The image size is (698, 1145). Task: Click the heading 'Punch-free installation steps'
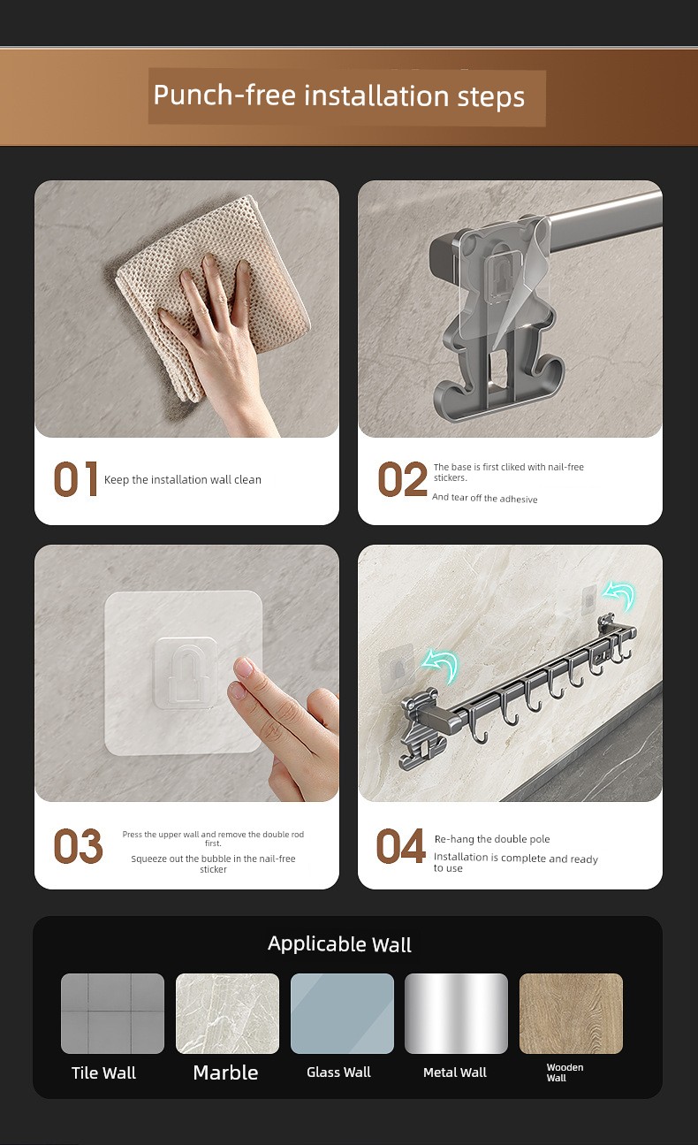click(x=338, y=95)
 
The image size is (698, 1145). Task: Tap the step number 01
click(x=76, y=479)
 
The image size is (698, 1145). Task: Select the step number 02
click(x=402, y=479)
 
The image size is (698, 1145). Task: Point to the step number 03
click(x=78, y=846)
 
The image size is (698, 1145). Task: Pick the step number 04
click(x=400, y=846)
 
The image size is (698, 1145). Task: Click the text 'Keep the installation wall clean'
click(x=182, y=479)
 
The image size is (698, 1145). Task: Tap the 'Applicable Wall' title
click(x=339, y=944)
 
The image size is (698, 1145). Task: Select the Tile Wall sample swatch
click(x=112, y=1013)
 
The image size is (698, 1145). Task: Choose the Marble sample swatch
click(x=227, y=1013)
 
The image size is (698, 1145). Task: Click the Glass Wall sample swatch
click(x=342, y=1013)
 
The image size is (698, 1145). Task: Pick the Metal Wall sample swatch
click(x=456, y=1013)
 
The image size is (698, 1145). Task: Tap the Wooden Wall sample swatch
click(x=571, y=1013)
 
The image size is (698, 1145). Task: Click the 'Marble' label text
click(x=225, y=1072)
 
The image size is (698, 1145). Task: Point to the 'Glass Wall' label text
click(x=338, y=1072)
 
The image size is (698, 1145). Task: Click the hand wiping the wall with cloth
click(x=220, y=338)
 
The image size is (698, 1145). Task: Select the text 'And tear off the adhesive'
click(x=484, y=498)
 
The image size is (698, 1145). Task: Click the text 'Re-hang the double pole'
click(x=492, y=839)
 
